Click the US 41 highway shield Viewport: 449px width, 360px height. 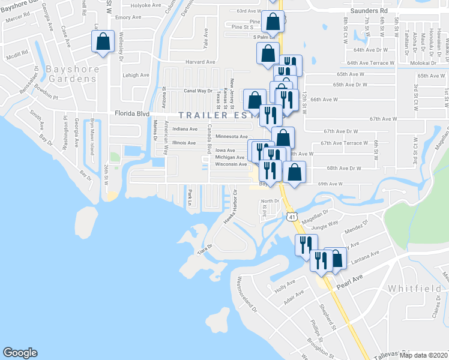pos(291,215)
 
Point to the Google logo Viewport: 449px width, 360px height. pos(20,353)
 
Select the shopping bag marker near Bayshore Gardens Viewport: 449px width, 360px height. pos(103,43)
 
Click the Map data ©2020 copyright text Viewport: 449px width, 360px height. pos(423,355)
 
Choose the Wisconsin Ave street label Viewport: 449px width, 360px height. pos(231,164)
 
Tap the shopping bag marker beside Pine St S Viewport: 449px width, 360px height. pos(273,22)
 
